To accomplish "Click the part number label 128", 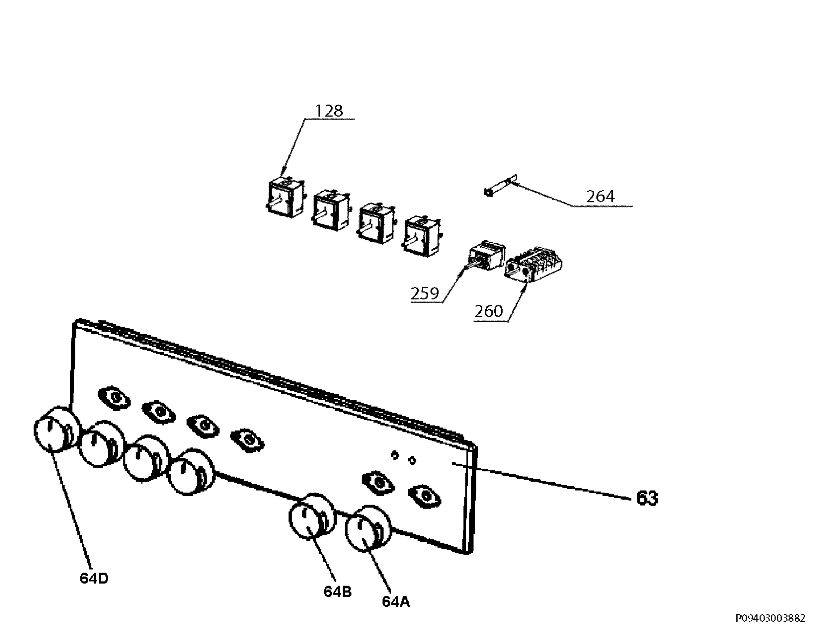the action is pos(329,111).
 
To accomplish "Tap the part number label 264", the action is pos(600,196).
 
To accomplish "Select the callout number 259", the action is pos(425,294).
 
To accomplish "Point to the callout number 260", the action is pos(489,311).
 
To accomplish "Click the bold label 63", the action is pos(647,498).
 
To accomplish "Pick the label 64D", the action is pos(94,578).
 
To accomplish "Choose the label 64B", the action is pos(338,592).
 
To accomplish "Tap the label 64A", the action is pos(396,602).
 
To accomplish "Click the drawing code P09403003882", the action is pos(770,619).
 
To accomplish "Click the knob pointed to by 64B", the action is pos(313,516).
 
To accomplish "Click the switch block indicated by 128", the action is pos(286,197).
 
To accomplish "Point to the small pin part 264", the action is pos(500,186).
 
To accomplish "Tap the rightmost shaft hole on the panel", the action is pos(425,496).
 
